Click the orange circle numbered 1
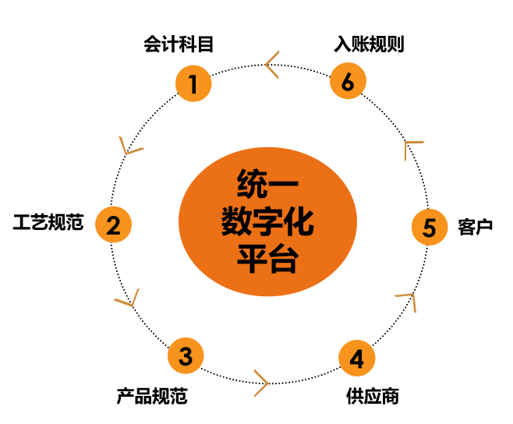(193, 83)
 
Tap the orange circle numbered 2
(114, 224)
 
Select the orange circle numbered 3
(186, 355)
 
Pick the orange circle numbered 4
(356, 359)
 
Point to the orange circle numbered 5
(430, 227)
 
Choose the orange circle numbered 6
(348, 81)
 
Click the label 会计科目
(179, 44)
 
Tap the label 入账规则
(369, 44)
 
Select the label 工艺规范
(48, 222)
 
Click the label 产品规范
(152, 396)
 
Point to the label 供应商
(373, 396)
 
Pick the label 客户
(476, 227)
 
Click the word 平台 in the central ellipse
(267, 260)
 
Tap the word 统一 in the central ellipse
(267, 183)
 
